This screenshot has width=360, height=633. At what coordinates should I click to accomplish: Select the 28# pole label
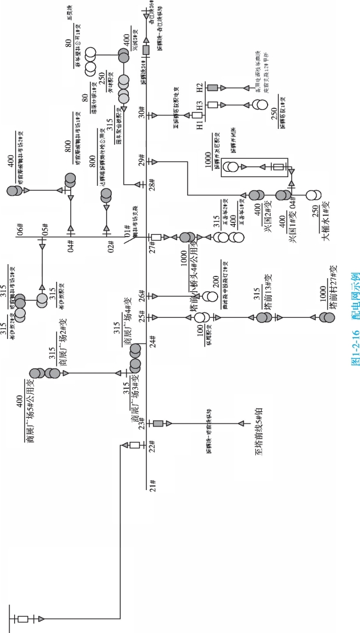152,184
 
